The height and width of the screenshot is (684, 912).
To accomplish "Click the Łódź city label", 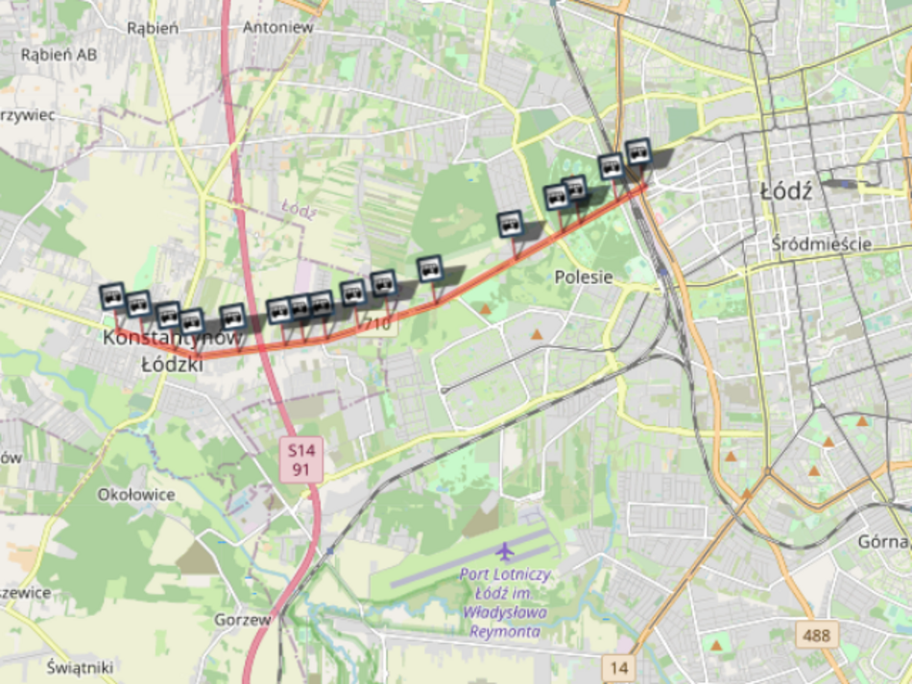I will tap(786, 191).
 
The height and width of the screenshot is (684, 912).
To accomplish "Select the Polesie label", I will tap(583, 276).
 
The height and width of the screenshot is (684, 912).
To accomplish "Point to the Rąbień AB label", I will tap(59, 55).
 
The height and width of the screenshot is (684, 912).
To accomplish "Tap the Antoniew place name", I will tap(277, 27).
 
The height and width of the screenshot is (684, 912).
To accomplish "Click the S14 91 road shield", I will tap(302, 459).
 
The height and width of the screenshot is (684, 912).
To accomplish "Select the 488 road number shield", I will tap(817, 634).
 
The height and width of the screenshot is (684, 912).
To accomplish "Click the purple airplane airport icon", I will tap(505, 551).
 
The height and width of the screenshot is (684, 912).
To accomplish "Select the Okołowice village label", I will tap(136, 495).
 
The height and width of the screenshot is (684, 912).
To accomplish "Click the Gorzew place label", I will tap(242, 620).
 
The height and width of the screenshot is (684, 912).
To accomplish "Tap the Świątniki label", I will tap(80, 667).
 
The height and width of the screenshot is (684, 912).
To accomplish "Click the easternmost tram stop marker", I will tap(638, 152).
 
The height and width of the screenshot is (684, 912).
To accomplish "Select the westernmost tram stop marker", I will tap(112, 295).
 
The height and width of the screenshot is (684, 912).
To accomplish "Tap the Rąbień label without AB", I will tap(153, 28).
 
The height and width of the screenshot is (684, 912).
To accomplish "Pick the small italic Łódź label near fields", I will tap(299, 209).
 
